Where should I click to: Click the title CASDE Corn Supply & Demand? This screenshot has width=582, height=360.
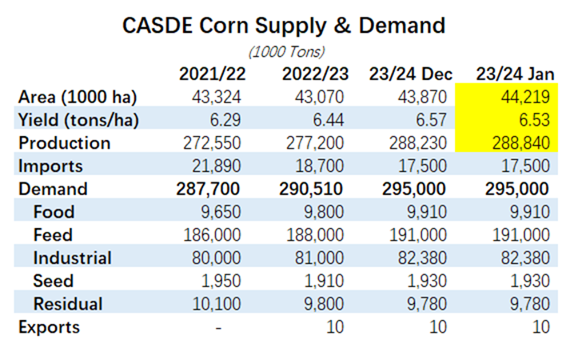[x=283, y=26]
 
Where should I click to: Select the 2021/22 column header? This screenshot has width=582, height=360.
[x=214, y=74]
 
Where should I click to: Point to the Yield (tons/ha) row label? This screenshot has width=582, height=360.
[x=77, y=120]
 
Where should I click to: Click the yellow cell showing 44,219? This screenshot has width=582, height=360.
[x=524, y=98]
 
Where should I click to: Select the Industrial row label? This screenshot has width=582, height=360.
[x=72, y=258]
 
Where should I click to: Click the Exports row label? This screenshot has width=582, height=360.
[x=50, y=327]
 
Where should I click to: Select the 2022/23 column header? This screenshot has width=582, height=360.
[x=315, y=74]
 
